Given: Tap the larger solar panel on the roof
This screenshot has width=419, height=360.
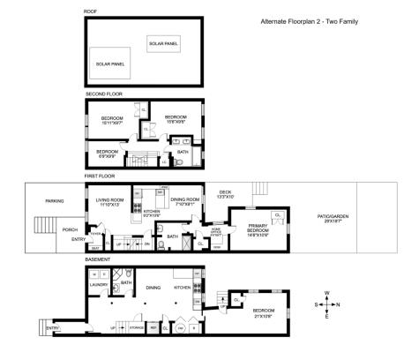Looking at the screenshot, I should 111,64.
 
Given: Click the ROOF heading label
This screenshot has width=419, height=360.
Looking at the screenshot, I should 89,11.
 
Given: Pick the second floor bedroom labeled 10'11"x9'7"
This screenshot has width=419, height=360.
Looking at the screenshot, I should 112,121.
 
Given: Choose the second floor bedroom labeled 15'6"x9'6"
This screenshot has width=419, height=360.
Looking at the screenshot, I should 175,119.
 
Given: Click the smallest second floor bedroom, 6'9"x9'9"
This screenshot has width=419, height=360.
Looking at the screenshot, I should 108,153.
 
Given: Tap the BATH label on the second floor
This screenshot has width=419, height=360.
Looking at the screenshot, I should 183,152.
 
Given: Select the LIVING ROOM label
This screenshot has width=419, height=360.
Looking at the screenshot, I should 110,201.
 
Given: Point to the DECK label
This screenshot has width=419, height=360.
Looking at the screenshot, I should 225,193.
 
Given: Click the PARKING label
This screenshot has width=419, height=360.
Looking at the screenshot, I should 55,201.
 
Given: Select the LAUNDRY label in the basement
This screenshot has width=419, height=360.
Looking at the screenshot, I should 98,285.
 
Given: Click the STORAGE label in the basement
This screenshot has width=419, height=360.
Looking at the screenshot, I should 137,327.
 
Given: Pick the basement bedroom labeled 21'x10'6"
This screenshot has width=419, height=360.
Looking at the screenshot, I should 266,312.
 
